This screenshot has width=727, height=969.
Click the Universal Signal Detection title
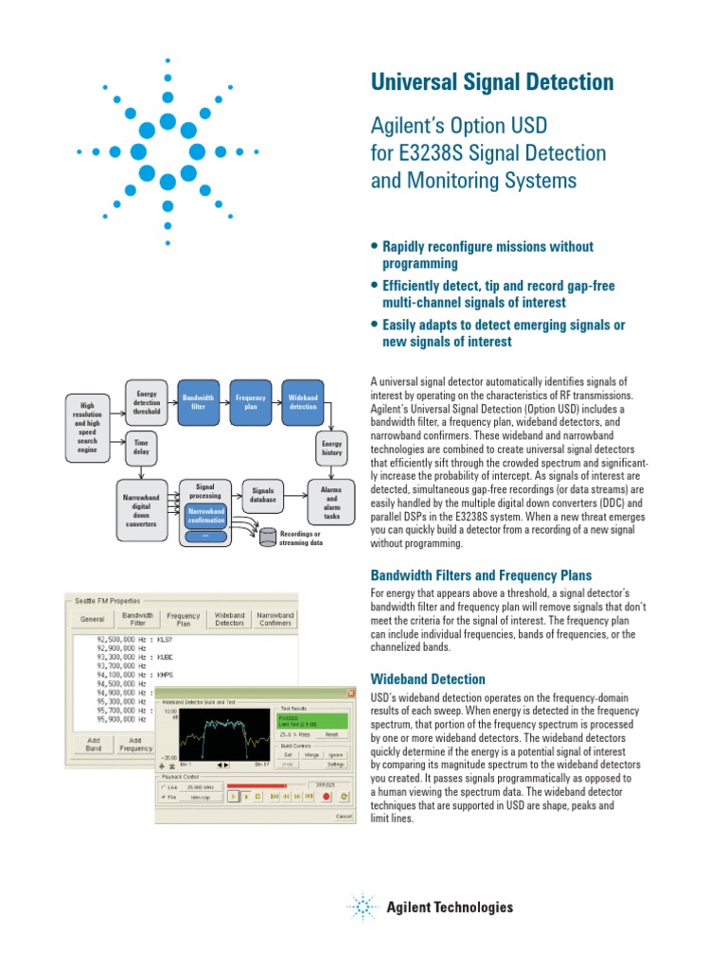coord(491,82)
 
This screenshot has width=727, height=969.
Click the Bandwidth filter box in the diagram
coord(198,402)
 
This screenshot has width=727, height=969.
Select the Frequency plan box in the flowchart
coord(251,402)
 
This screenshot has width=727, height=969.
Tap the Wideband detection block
coord(303,402)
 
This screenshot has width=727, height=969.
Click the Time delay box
coord(141,447)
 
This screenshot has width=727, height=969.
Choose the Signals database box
coord(263,495)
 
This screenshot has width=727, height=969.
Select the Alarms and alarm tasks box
coord(331,503)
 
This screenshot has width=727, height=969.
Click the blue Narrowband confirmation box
coord(205,515)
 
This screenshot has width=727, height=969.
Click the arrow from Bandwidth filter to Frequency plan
coord(224,402)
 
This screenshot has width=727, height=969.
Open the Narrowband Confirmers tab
coord(276,619)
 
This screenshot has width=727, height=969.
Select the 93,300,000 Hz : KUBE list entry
coord(133,656)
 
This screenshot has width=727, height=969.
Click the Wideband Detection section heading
coord(428,679)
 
